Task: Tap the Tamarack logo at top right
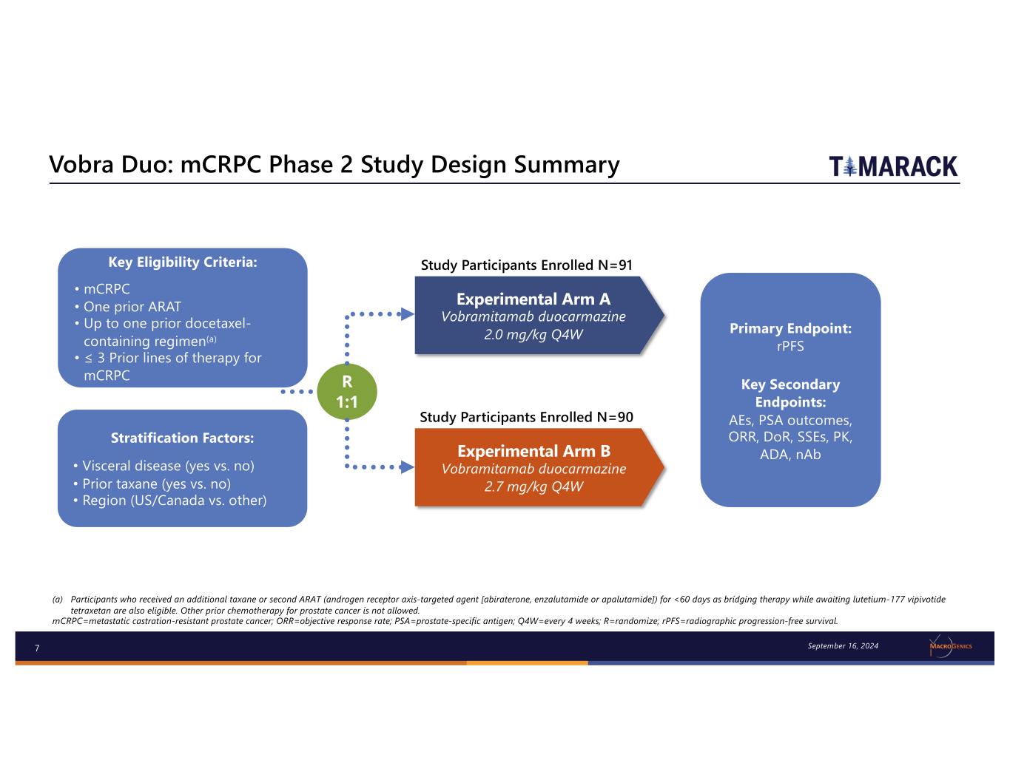tap(893, 166)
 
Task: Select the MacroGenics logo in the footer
tap(950, 646)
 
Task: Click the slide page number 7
tap(37, 648)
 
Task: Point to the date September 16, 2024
tap(843, 646)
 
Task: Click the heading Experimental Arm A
tap(533, 299)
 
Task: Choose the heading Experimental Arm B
tap(533, 451)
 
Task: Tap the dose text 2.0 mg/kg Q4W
tap(533, 335)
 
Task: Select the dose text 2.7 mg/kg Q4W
tap(533, 486)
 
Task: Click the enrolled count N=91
tap(615, 265)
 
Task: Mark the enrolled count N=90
tap(615, 417)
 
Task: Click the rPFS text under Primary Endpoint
tap(790, 346)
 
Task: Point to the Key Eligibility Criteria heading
tap(182, 262)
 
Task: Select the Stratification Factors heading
tap(182, 438)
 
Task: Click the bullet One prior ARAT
tap(132, 307)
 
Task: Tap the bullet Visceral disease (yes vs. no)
tap(168, 467)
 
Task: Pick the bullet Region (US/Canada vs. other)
tap(174, 501)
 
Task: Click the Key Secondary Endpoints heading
tap(790, 393)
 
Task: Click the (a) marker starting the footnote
tap(58, 600)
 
